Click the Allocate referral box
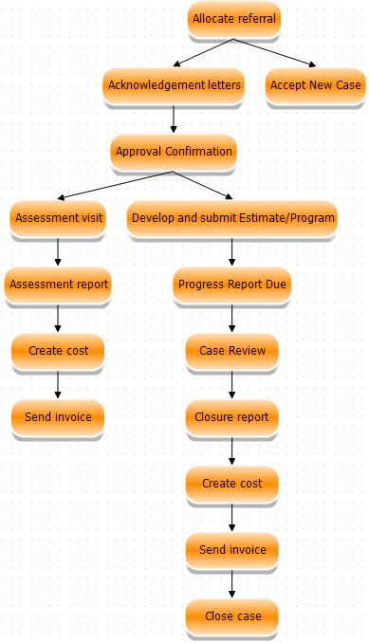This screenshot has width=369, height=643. point(233,19)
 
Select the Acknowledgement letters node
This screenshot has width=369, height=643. point(174,85)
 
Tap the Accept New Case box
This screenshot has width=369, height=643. point(315,85)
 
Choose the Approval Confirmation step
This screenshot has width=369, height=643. point(173,152)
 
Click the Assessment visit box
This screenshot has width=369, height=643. point(58,218)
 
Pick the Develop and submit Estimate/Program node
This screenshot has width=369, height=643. point(232,218)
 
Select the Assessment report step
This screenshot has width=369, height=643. point(58,285)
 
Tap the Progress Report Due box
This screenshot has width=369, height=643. point(232,285)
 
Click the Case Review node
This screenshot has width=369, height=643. point(232,351)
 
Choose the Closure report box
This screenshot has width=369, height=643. point(232,417)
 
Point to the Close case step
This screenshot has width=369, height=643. point(232,616)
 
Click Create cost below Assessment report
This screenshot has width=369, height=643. point(58,351)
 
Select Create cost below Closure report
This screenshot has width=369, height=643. point(232,484)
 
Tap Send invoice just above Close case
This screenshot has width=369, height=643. point(232,550)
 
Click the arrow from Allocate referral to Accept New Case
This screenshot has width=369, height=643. point(275,52)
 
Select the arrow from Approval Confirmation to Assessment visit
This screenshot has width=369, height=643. point(114,185)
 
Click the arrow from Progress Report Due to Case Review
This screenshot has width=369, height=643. point(232,318)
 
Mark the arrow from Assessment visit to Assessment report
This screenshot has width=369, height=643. point(58,251)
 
